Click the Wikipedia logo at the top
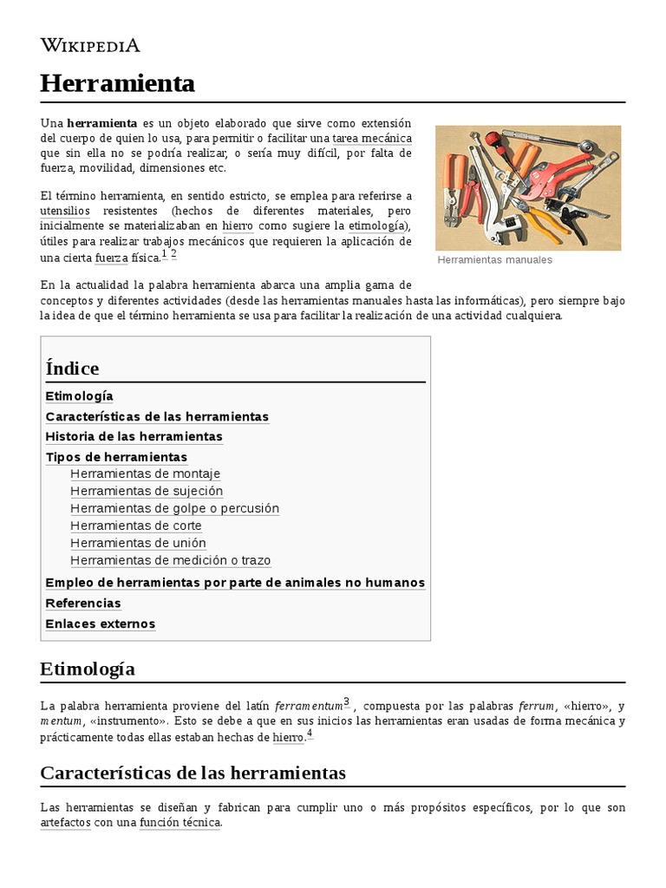click(90, 45)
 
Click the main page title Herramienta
click(117, 83)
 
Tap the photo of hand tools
click(527, 187)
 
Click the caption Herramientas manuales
click(494, 259)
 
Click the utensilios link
click(65, 211)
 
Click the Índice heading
click(72, 368)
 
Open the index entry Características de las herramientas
click(157, 416)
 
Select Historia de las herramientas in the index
click(134, 436)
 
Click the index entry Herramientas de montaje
click(145, 473)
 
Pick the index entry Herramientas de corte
click(135, 526)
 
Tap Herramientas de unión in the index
click(138, 543)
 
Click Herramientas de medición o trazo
click(170, 560)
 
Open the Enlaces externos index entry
click(100, 624)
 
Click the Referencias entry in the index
click(83, 603)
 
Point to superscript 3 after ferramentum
click(346, 702)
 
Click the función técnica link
click(180, 822)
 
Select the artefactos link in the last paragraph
click(65, 822)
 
